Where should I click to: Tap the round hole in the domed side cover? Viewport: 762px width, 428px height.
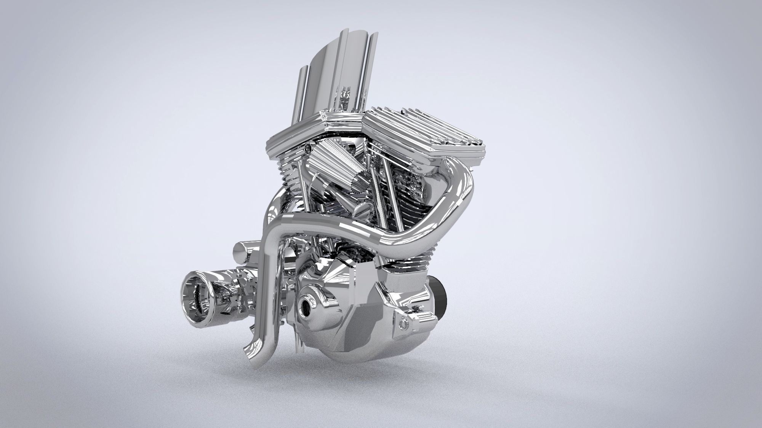coord(306,302)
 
